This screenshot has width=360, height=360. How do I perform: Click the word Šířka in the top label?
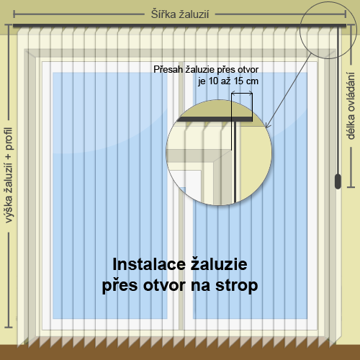163,14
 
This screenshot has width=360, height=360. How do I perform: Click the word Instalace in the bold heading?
149,264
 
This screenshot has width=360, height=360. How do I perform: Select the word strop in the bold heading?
237,286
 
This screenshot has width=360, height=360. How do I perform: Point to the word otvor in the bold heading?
164,286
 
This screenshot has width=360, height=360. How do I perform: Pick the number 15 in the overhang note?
238,81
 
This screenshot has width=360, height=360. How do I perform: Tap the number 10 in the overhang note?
213,81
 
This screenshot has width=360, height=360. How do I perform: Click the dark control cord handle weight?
338,181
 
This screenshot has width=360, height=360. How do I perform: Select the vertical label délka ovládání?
351,106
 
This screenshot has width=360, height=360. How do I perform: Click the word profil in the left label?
9,139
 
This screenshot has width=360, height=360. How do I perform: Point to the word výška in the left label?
9,210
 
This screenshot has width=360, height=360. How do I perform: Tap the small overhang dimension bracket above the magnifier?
242,92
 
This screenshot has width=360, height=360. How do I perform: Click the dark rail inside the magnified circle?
215,119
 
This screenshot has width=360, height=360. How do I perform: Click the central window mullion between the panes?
180,196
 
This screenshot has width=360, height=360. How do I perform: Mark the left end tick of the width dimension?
14,14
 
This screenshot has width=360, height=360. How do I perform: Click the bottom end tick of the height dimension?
9,327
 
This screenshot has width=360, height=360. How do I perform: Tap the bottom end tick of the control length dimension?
351,186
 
